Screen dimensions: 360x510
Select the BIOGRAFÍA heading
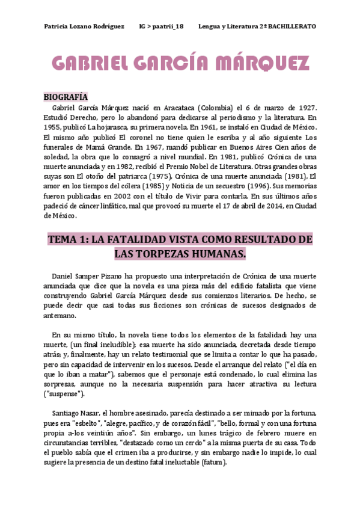click(x=66, y=97)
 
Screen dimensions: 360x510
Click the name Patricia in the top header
click(x=58, y=26)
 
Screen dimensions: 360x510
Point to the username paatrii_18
click(x=166, y=26)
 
